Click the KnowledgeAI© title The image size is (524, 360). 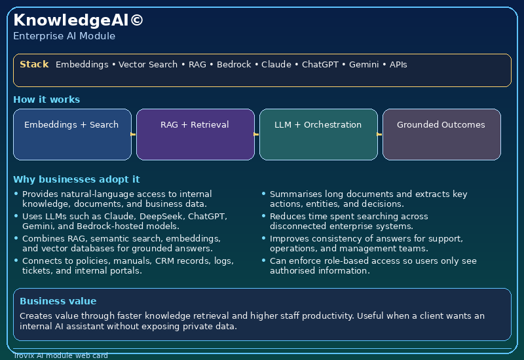(x=78, y=20)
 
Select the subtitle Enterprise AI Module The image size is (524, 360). (x=64, y=36)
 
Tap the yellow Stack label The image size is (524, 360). (x=34, y=64)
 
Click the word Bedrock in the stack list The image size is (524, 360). (x=234, y=65)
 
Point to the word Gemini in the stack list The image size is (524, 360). (x=362, y=65)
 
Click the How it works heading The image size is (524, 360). (x=47, y=99)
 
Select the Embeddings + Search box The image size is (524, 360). (x=72, y=134)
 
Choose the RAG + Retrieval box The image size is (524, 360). (x=195, y=134)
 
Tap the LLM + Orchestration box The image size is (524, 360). (x=318, y=134)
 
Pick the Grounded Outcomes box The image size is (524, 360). (x=441, y=134)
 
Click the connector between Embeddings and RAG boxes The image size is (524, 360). (x=134, y=134)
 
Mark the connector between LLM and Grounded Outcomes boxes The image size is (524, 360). (x=380, y=134)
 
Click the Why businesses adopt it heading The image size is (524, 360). (x=76, y=179)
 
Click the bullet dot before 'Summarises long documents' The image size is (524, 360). (x=263, y=194)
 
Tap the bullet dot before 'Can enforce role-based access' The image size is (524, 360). (x=263, y=261)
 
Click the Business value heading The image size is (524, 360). (x=58, y=301)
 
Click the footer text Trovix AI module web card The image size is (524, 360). (x=60, y=355)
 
